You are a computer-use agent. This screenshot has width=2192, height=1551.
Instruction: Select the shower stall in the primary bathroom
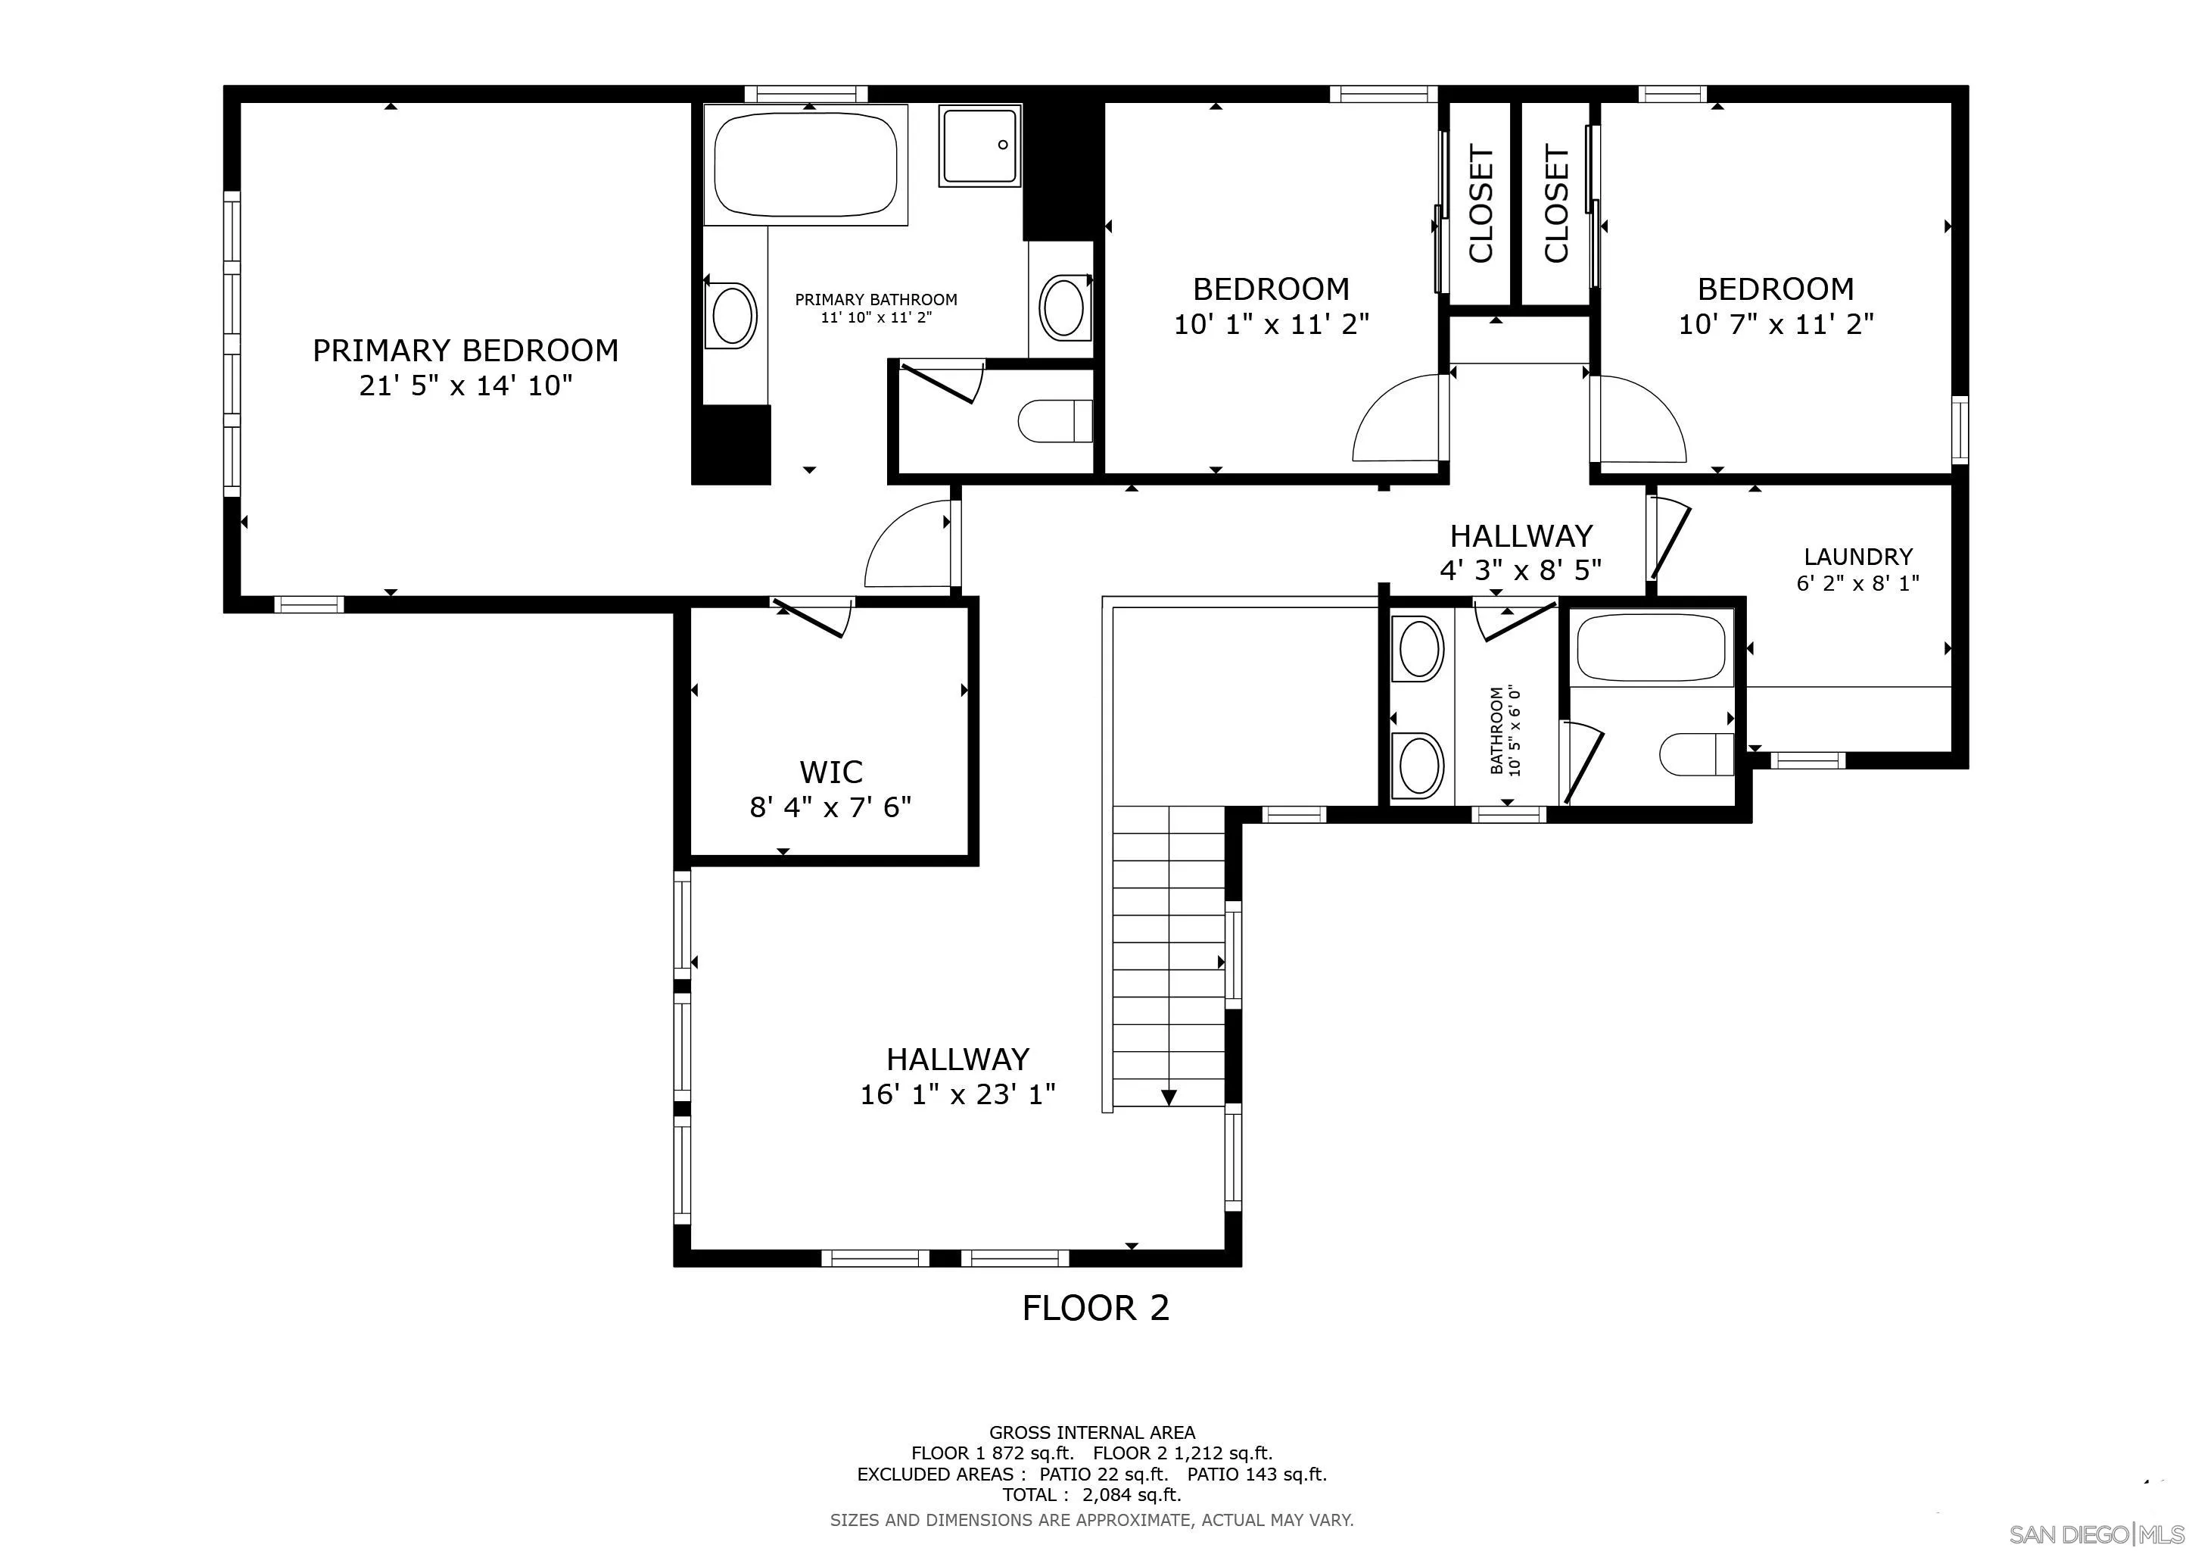pos(979,145)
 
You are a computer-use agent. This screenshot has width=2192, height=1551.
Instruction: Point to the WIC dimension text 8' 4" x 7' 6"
pos(830,808)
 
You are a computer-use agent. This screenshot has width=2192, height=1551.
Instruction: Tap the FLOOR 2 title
pos(1095,1307)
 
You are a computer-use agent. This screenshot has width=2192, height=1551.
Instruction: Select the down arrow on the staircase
pos(1169,1097)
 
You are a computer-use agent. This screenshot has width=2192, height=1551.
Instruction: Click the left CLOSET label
pos(1480,204)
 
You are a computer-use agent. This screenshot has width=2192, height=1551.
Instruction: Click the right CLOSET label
pos(1556,204)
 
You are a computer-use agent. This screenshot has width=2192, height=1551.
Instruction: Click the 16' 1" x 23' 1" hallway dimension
pos(957,1094)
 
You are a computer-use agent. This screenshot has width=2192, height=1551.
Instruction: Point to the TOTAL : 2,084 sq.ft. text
pos(1091,1495)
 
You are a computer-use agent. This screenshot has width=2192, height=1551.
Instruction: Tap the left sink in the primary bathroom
pos(732,315)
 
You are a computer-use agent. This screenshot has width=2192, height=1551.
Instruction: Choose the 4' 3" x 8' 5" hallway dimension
pos(1520,570)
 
